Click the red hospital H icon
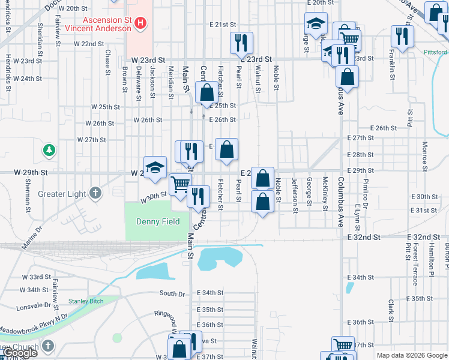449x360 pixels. tap(140, 24)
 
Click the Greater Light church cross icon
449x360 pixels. tap(95, 193)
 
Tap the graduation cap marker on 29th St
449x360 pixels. tap(155, 167)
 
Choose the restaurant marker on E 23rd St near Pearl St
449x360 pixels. tap(241, 43)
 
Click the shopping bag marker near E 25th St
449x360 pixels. tap(206, 94)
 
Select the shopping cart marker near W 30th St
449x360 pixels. tap(180, 185)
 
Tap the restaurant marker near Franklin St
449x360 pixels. tap(402, 37)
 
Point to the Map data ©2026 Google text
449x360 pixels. tap(412, 355)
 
